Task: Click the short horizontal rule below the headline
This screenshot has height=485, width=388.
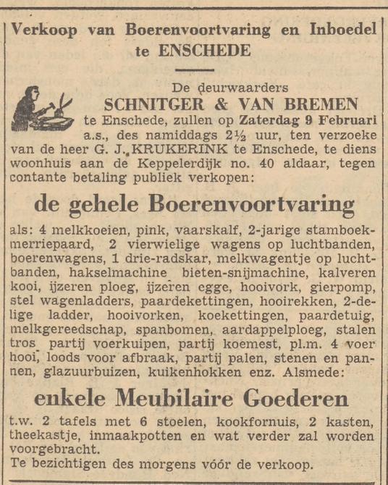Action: click(x=194, y=69)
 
